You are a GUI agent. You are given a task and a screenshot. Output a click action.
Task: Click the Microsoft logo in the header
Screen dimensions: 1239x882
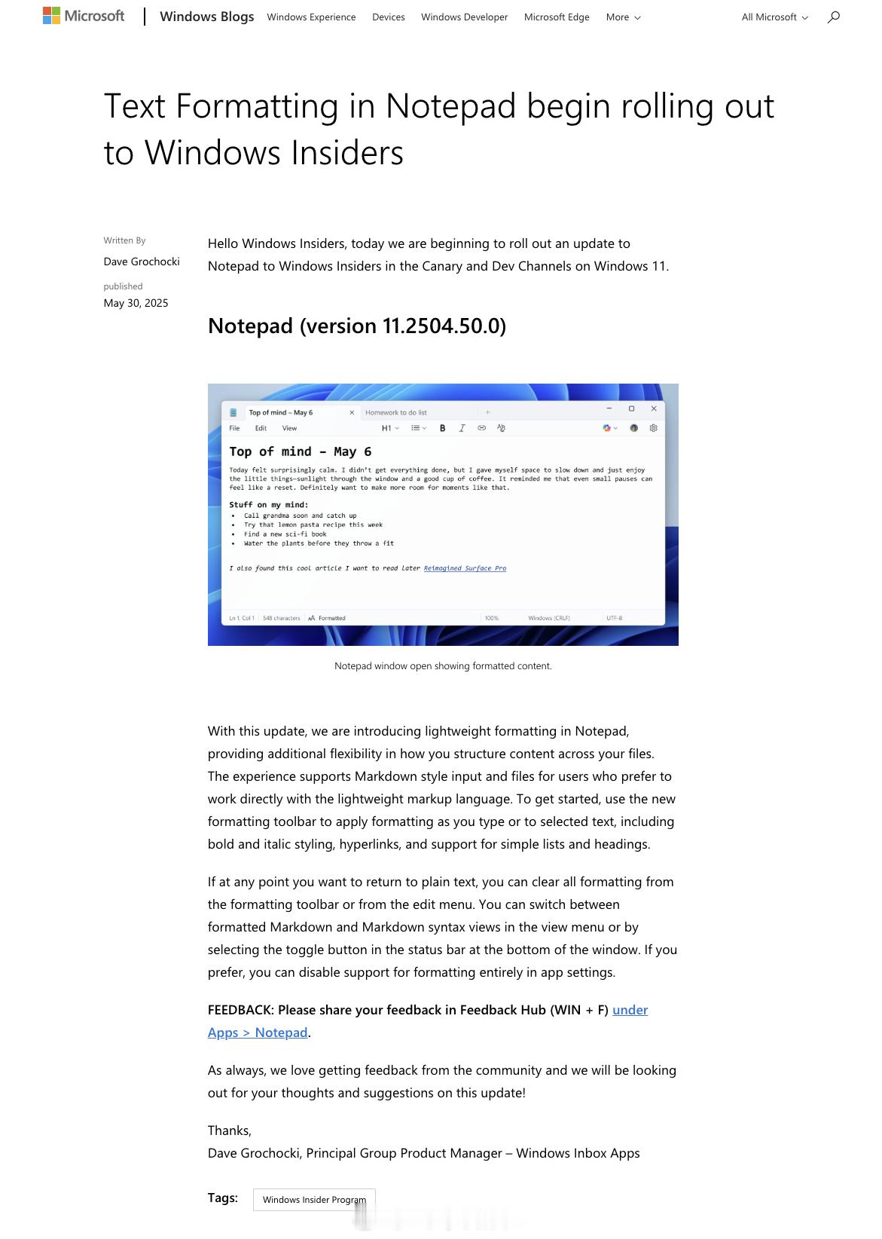coord(84,16)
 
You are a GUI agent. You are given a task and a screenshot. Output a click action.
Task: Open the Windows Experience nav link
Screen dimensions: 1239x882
coord(311,17)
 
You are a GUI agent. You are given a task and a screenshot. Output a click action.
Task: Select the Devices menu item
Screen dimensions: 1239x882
coord(388,17)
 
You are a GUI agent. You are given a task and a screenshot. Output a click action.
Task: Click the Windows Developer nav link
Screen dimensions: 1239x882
coord(464,17)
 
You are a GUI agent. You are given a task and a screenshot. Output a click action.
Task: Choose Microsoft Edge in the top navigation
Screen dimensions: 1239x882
coord(557,17)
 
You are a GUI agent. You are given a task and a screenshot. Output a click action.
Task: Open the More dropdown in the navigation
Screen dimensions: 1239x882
coord(623,17)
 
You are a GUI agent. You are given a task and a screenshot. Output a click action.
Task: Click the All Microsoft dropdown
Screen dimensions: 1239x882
coord(774,17)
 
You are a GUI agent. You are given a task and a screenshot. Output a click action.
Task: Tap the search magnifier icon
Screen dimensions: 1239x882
coord(833,17)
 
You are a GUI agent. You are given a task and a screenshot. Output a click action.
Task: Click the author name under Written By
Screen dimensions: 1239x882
coord(142,262)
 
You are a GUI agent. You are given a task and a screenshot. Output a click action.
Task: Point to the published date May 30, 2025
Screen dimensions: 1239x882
coord(136,303)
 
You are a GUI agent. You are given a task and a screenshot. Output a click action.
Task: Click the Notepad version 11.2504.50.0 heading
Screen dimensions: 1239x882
coord(357,326)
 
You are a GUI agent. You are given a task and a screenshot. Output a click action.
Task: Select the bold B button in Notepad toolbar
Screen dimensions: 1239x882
coord(442,428)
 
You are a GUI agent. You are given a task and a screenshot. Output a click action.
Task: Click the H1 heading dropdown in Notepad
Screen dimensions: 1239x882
coord(389,428)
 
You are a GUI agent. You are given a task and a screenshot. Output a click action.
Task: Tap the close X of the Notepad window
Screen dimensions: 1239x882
coord(654,408)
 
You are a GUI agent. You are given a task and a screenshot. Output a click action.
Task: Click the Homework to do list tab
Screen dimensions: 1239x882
coord(396,412)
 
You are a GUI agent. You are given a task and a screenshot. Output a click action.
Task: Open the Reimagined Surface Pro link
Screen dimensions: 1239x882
coord(465,568)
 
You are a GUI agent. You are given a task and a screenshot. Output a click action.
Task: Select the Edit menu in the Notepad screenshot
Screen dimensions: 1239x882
coord(261,428)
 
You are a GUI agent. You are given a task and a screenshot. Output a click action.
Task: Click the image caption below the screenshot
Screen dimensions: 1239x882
coord(443,666)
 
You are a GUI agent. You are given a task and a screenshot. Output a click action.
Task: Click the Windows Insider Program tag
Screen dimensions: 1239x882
coord(314,1200)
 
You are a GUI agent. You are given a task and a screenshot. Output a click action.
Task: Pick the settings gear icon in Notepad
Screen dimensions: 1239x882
coord(654,428)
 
